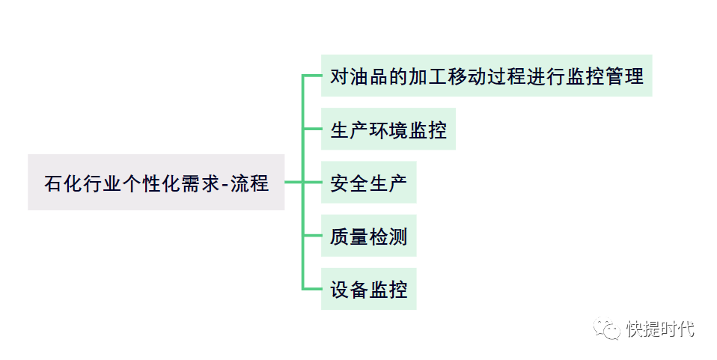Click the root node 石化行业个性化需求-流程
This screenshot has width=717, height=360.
point(156,182)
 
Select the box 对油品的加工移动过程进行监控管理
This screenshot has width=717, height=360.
point(486,76)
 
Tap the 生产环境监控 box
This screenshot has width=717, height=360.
point(388,129)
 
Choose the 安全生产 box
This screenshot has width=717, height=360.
point(368,183)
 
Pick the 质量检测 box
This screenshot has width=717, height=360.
point(368,237)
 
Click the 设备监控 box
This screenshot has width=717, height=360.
point(368,289)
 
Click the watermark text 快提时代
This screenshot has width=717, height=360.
point(660,329)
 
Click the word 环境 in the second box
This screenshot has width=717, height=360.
point(388,130)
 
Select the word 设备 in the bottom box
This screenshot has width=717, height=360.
point(350,290)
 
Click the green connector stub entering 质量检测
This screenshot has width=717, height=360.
point(312,236)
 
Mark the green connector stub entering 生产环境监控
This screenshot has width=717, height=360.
point(312,129)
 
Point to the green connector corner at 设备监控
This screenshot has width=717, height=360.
point(304,288)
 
